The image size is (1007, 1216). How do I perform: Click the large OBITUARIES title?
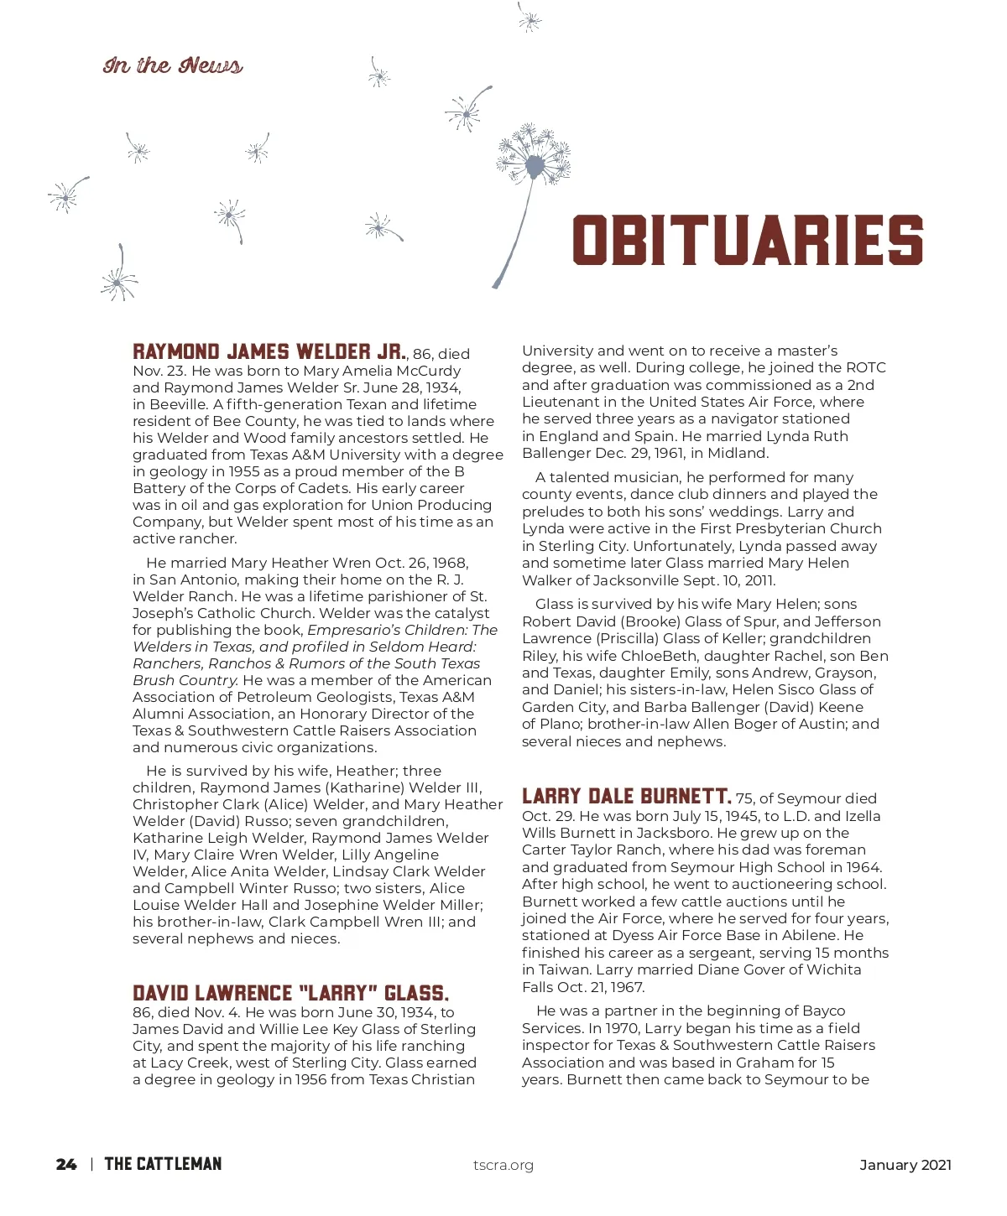tap(747, 240)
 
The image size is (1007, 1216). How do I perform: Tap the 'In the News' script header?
tap(173, 65)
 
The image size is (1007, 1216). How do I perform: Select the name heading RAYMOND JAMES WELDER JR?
tap(269, 351)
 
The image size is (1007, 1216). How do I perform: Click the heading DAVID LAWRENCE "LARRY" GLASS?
tap(290, 993)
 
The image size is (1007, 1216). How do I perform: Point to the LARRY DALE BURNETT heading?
tap(626, 796)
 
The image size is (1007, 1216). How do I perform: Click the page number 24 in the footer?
tap(66, 1164)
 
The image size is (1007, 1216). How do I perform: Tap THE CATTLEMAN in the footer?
tap(163, 1164)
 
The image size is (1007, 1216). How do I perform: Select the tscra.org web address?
tap(503, 1165)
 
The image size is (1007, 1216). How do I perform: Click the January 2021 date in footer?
tap(905, 1165)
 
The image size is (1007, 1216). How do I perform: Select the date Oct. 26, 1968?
tap(420, 563)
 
